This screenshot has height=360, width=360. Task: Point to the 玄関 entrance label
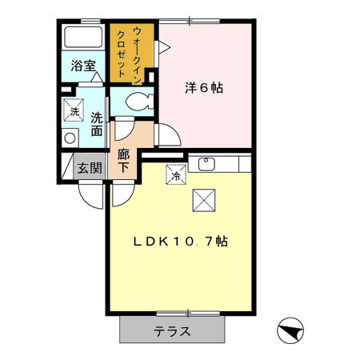90,169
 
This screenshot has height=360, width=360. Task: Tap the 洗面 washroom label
97,124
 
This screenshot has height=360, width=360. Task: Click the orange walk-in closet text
129,53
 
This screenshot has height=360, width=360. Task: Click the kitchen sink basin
206,165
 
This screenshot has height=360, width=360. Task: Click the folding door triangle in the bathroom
95,78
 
